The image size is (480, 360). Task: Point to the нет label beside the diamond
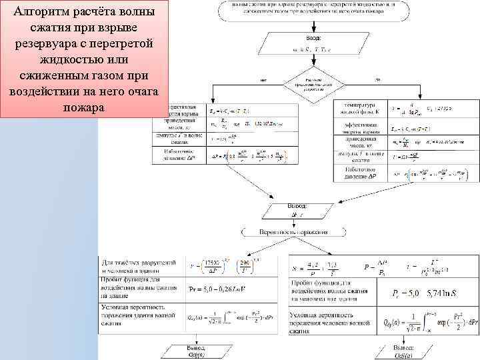(264, 81)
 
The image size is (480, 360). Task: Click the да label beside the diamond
(377, 81)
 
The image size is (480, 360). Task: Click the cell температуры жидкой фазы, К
(360, 109)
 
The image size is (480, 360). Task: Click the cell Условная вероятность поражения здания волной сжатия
(139, 313)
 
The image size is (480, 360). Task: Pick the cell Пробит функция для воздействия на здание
(139, 289)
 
